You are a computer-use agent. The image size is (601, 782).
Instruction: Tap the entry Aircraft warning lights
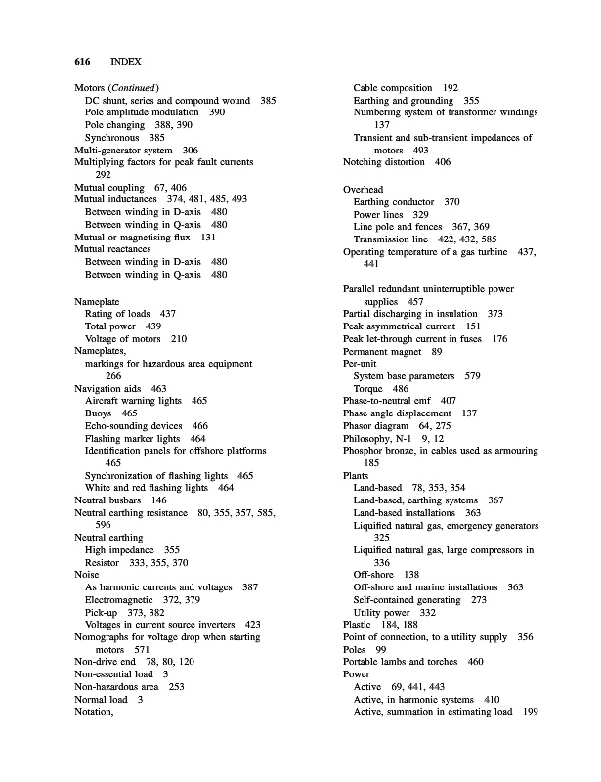(x=133, y=401)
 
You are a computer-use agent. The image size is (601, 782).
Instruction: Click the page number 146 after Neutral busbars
(x=157, y=500)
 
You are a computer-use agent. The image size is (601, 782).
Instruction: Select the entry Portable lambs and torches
(x=400, y=662)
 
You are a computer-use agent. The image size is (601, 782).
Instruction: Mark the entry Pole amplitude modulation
(x=141, y=113)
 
